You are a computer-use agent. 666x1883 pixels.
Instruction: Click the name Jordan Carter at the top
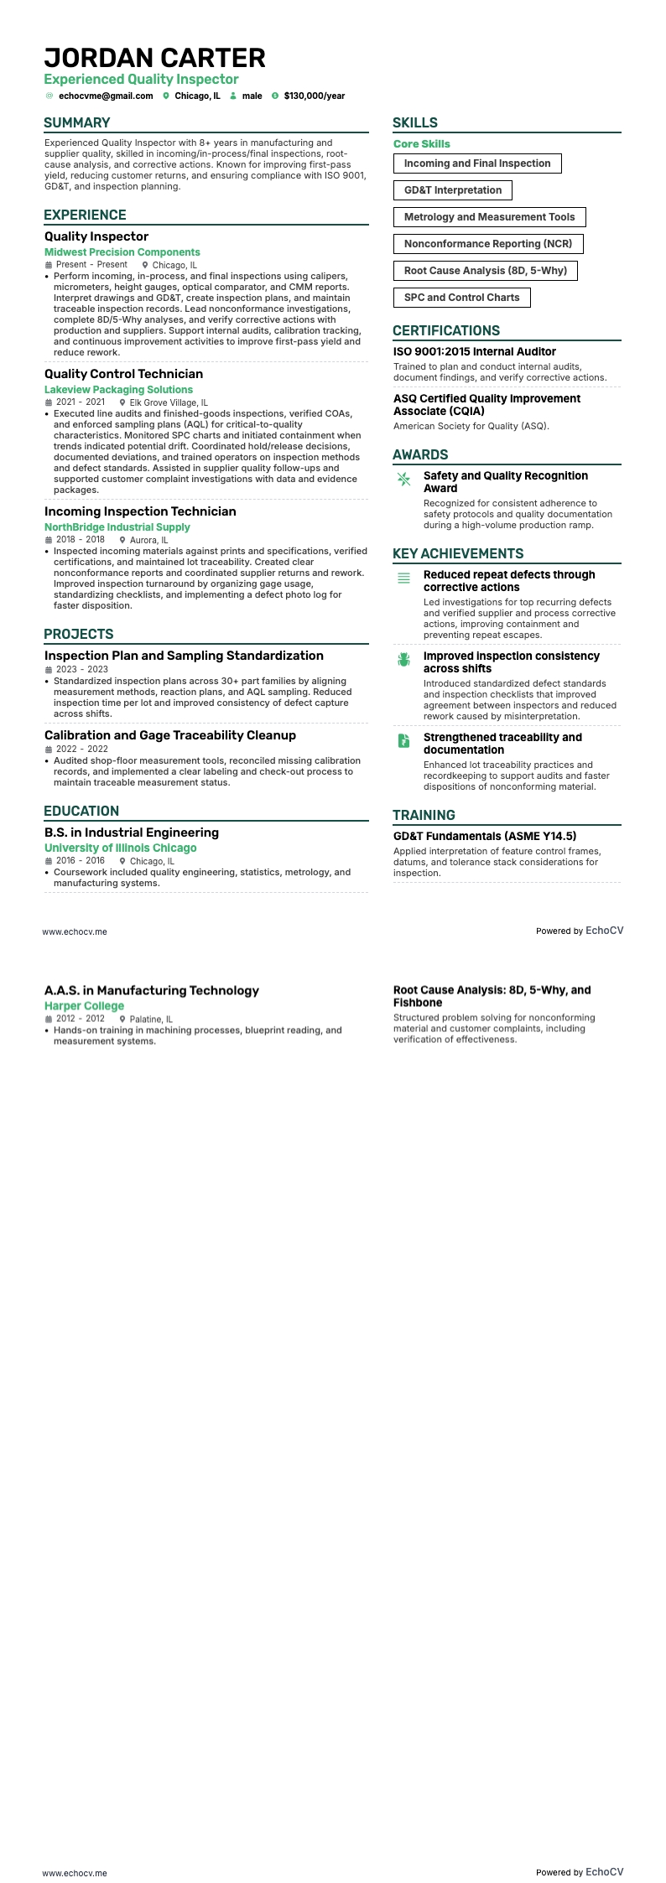pos(154,58)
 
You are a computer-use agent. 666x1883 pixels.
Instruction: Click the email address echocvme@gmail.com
pos(106,96)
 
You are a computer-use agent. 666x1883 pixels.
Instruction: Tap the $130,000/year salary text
pos(315,96)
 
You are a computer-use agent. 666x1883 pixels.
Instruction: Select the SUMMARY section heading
pos(77,122)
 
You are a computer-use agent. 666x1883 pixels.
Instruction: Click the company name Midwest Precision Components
pos(122,252)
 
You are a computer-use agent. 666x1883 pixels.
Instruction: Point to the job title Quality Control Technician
pos(123,374)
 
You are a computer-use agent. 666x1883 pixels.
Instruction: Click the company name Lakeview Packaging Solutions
pos(118,390)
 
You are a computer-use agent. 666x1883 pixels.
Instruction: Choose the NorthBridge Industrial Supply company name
pos(117,527)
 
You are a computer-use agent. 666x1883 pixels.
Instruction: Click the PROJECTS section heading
pos(79,634)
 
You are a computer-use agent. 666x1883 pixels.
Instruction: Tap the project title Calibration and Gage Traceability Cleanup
pos(170,735)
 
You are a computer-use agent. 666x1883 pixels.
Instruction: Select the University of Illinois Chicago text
pos(121,848)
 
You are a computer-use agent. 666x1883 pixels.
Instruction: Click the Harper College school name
pos(84,1006)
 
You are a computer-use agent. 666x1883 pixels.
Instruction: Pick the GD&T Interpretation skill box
pos(452,190)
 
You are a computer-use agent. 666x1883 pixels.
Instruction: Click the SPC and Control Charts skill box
pos(461,298)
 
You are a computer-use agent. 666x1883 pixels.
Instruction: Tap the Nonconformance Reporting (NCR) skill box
pos(487,244)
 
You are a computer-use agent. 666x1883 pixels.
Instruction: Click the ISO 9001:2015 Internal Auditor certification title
pos(475,352)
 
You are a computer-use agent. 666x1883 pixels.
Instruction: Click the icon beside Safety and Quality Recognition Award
pos(403,479)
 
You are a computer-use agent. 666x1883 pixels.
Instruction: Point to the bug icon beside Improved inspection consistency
pos(403,660)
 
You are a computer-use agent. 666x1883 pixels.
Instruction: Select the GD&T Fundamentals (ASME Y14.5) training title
pos(485,836)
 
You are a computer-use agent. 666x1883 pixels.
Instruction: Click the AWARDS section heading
pos(420,454)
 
